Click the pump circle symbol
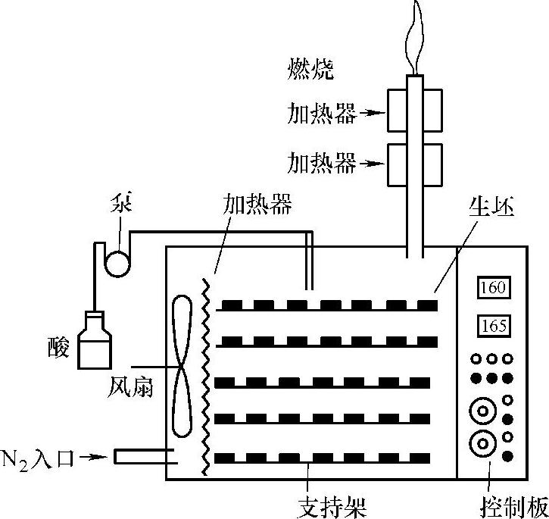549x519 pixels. click(118, 262)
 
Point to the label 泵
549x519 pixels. click(121, 205)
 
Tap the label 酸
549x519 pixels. click(58, 348)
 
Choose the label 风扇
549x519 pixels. click(130, 388)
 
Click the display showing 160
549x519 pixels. click(493, 288)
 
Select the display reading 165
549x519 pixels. click(493, 327)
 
